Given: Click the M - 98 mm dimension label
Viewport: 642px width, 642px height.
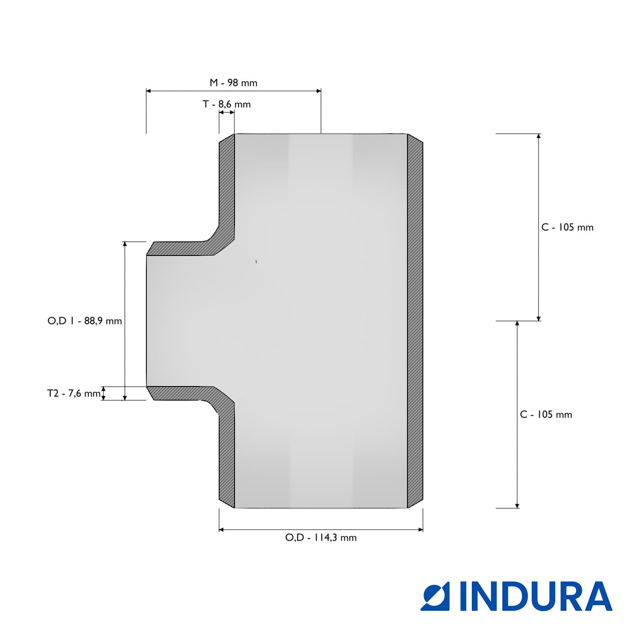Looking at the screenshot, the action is [x=233, y=83].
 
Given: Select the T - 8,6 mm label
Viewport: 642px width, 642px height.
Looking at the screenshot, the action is [x=226, y=104].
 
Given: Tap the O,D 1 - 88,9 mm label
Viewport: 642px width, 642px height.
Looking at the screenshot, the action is [x=85, y=321].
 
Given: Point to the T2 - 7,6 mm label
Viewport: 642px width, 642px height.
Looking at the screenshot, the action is [x=74, y=393].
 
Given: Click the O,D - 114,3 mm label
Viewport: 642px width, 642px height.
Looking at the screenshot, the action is [x=321, y=538].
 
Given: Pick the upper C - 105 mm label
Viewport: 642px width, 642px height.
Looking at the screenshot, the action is [x=568, y=227].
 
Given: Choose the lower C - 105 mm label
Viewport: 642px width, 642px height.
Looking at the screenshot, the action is [x=546, y=414].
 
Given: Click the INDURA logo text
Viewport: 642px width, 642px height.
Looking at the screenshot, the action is [x=536, y=596].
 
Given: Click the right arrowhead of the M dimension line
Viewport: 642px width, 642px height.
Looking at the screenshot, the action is [x=318, y=91].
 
